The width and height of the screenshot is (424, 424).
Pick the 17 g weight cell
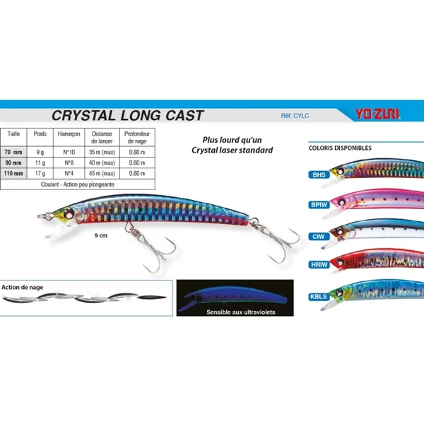pos(40,173)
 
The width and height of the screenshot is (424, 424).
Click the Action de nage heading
pos(22,286)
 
